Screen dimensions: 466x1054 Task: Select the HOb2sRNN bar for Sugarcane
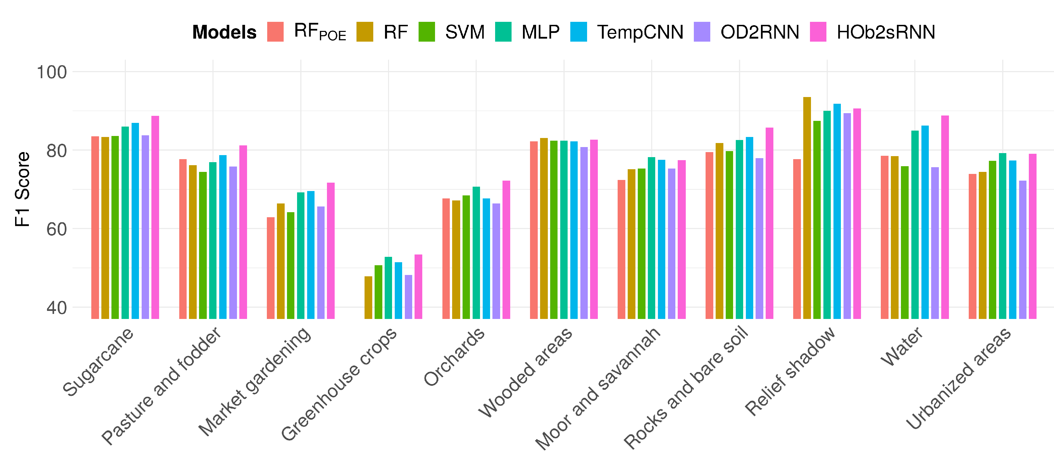click(155, 217)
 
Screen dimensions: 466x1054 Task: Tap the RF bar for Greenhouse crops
click(368, 297)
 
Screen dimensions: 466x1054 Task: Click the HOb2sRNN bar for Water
click(945, 217)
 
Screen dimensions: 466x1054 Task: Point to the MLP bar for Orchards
click(476, 252)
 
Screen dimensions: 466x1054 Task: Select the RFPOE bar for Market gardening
click(271, 268)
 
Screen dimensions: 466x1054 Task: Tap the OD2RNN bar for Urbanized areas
click(1022, 249)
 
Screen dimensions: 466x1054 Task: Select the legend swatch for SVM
click(427, 32)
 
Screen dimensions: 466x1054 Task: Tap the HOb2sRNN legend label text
click(886, 32)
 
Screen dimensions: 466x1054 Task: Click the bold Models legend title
click(224, 32)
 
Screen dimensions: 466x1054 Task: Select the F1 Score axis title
click(22, 189)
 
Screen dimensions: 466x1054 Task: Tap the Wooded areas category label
click(526, 372)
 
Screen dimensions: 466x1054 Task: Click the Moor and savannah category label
click(598, 389)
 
